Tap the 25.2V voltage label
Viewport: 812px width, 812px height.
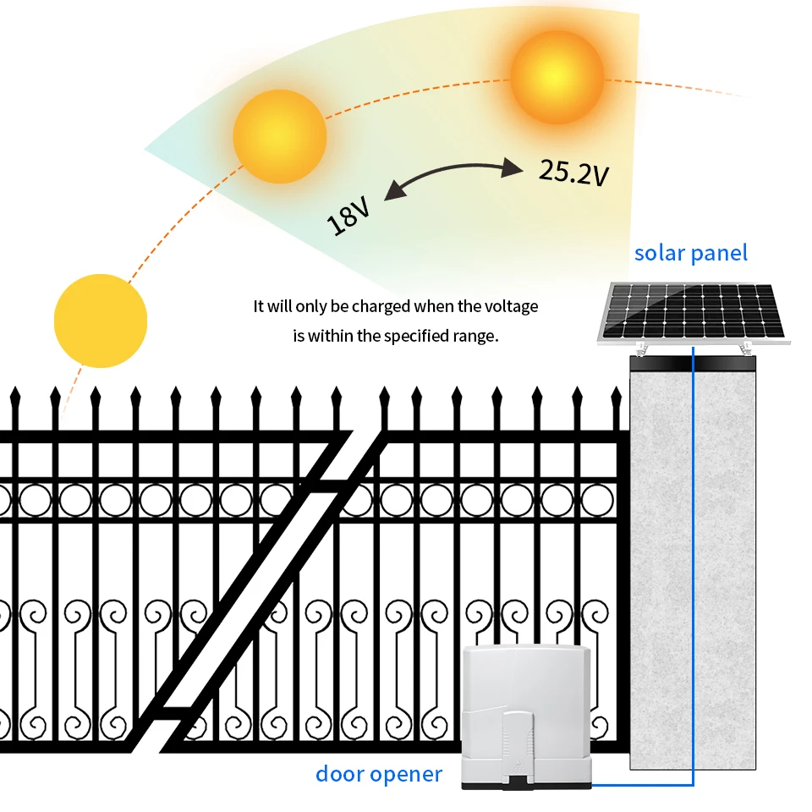point(574,173)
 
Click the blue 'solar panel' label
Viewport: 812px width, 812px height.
point(691,252)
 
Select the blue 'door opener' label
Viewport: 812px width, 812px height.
point(379,773)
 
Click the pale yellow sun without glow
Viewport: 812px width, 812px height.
point(101,321)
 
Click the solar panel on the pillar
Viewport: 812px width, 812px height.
point(694,315)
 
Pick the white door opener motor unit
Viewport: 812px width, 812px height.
point(525,715)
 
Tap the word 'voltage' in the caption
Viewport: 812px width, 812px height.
point(510,306)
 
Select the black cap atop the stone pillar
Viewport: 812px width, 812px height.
point(694,365)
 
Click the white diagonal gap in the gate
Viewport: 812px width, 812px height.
point(254,592)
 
